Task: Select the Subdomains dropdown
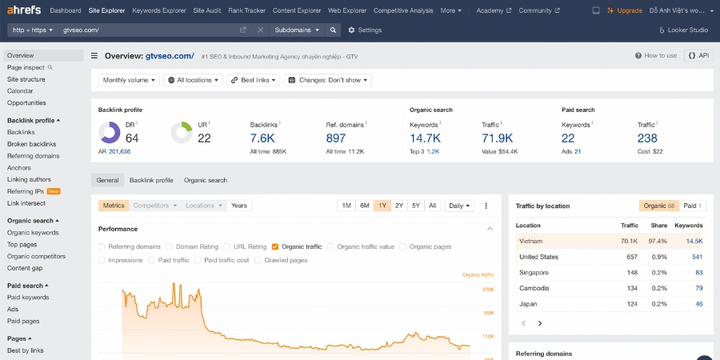[296, 30]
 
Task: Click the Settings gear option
[365, 30]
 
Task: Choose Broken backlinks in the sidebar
[31, 144]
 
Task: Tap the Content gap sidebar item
[25, 268]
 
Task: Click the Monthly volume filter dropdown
[129, 80]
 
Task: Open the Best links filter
[254, 80]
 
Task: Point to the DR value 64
[132, 138]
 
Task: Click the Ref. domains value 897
[336, 138]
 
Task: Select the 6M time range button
[364, 206]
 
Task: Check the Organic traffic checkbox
[275, 247]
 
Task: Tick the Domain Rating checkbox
[169, 247]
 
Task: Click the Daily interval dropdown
[458, 206]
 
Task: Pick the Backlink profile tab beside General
[151, 180]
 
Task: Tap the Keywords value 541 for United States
[697, 257]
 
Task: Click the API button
[698, 56]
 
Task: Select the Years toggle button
[239, 206]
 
